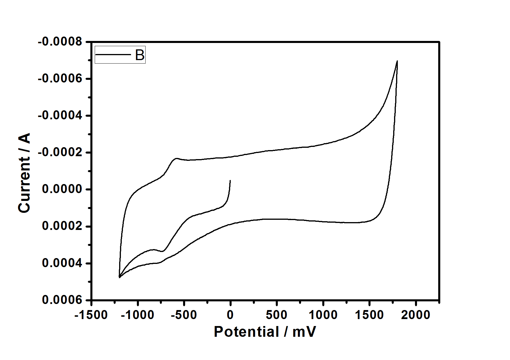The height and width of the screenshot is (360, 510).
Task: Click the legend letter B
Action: coord(140,55)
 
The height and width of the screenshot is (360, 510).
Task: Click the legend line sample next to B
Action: coord(114,55)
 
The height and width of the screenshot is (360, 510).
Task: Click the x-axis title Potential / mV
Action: coord(265,331)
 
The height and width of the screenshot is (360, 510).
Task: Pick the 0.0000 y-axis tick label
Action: coord(62,189)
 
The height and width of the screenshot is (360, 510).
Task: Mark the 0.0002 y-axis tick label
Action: coord(62,226)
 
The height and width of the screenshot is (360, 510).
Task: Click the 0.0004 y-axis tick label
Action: coord(62,263)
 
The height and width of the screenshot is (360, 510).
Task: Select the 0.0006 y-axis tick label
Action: coord(62,300)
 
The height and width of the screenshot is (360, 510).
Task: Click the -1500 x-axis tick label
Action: coord(91,315)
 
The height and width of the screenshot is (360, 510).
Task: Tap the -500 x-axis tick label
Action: coord(184,315)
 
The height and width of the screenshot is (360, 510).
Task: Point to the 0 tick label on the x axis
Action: coord(230,315)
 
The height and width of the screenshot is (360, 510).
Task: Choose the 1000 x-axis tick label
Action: coord(323,315)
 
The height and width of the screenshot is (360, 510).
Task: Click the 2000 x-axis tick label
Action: coord(416,315)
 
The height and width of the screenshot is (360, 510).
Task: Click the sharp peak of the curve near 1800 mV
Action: coord(397,61)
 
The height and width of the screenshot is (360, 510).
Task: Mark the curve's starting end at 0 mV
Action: coord(230,181)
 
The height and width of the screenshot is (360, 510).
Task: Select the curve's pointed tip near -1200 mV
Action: coord(119,277)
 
